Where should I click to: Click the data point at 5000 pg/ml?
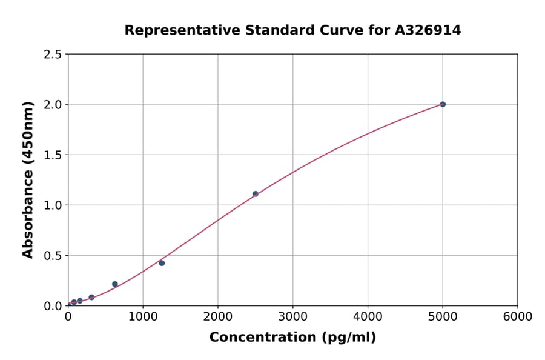pyautogui.click(x=443, y=104)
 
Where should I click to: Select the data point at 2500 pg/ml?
pyautogui.click(x=255, y=194)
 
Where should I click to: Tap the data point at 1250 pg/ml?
pyautogui.click(x=162, y=263)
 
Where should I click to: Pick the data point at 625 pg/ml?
pyautogui.click(x=115, y=284)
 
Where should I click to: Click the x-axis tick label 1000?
pyautogui.click(x=143, y=317)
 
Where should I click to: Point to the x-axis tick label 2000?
pyautogui.click(x=218, y=317)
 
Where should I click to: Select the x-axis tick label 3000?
pyautogui.click(x=292, y=317)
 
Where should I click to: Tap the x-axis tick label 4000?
pyautogui.click(x=368, y=317)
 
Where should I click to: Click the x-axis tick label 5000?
pyautogui.click(x=443, y=317)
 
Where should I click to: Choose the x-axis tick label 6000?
pyautogui.click(x=517, y=317)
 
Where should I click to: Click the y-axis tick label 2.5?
pyautogui.click(x=52, y=55)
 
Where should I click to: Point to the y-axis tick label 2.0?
pyautogui.click(x=52, y=105)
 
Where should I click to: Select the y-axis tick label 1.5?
pyautogui.click(x=52, y=155)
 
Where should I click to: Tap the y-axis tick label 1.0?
pyautogui.click(x=52, y=205)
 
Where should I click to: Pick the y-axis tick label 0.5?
pyautogui.click(x=52, y=256)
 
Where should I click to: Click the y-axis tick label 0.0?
pyautogui.click(x=52, y=306)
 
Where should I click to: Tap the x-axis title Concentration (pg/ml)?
pyautogui.click(x=292, y=338)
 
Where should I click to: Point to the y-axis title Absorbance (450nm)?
pyautogui.click(x=28, y=180)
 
